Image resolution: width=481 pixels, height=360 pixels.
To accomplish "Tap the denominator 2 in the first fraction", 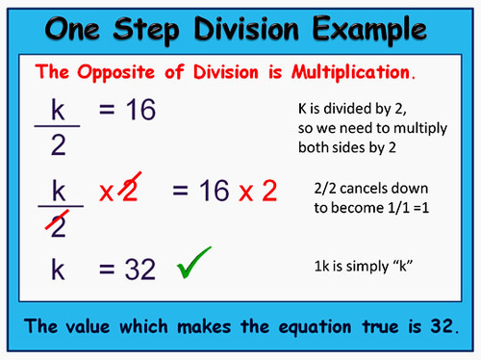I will click(x=58, y=145).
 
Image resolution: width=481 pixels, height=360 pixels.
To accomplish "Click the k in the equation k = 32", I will click(x=58, y=270).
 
